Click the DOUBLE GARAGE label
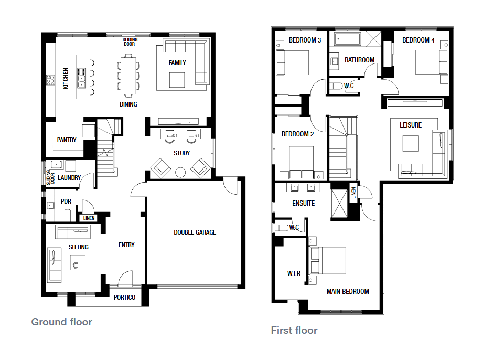[195, 232]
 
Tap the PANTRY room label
[67, 140]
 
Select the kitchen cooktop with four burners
[50, 80]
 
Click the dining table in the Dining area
[128, 76]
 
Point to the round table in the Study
[180, 172]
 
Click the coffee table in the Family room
[177, 80]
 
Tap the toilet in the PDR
[68, 215]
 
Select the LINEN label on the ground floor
[89, 218]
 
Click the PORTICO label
[124, 298]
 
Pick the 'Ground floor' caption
[61, 322]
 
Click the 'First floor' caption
[294, 331]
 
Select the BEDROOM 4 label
[418, 40]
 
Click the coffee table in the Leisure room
[411, 144]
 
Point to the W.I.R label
[294, 274]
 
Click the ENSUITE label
[304, 204]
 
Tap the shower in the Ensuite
[339, 204]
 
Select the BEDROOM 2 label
[297, 134]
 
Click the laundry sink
[56, 165]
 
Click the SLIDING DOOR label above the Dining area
[130, 42]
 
